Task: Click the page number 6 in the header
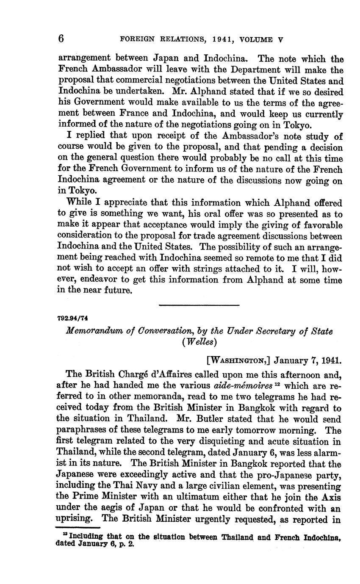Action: (61, 39)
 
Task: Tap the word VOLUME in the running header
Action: (256, 40)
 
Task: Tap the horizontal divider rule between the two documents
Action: (199, 305)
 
